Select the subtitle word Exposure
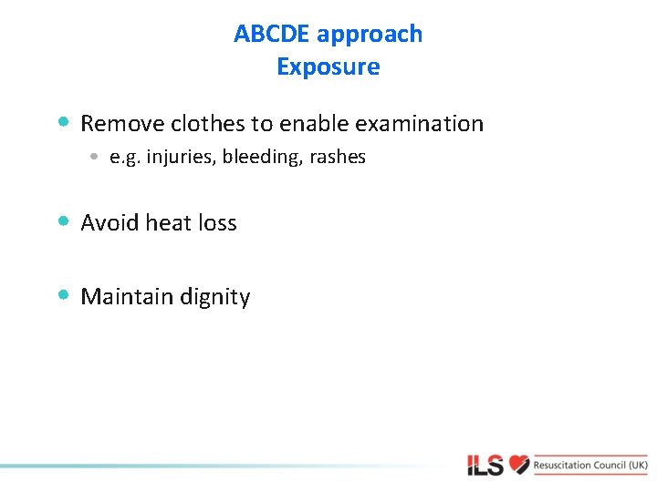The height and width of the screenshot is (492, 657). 328,67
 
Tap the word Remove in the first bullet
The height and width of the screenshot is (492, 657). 122,123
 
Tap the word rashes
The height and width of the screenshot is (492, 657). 338,158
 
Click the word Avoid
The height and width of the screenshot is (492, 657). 110,223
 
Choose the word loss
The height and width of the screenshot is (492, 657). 216,223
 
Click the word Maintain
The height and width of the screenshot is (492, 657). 123,297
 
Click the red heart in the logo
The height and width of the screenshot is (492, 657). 519,465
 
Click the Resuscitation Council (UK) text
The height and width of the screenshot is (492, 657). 591,465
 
